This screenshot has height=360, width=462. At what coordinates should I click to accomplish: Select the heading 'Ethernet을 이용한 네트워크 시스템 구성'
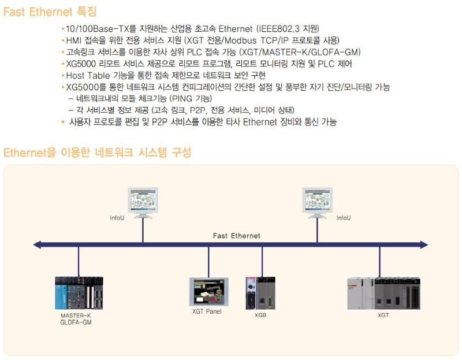click(x=97, y=153)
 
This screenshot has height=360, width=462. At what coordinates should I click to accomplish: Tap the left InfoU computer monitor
click(x=143, y=201)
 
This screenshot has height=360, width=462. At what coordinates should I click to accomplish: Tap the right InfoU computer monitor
click(x=316, y=201)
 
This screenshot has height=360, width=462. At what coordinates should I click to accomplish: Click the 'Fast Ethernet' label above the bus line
click(x=236, y=236)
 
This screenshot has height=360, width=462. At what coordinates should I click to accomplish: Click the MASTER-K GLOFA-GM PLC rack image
click(x=79, y=294)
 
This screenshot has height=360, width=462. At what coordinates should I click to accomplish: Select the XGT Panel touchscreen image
click(x=208, y=292)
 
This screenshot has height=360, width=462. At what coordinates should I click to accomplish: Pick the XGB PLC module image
click(x=260, y=294)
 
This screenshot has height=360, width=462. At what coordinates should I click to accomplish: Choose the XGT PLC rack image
click(x=383, y=293)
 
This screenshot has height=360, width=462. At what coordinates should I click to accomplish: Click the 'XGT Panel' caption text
click(x=207, y=311)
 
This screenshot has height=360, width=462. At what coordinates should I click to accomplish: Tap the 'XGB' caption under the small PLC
click(x=260, y=316)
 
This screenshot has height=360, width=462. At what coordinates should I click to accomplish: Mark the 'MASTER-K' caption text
click(x=76, y=316)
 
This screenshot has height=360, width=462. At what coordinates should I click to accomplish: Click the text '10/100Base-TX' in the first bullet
click(x=93, y=28)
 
